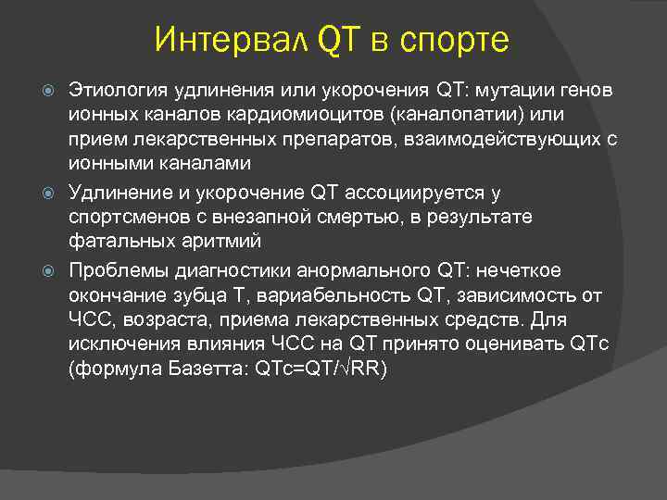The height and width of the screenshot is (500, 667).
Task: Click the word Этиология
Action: click(x=113, y=91)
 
